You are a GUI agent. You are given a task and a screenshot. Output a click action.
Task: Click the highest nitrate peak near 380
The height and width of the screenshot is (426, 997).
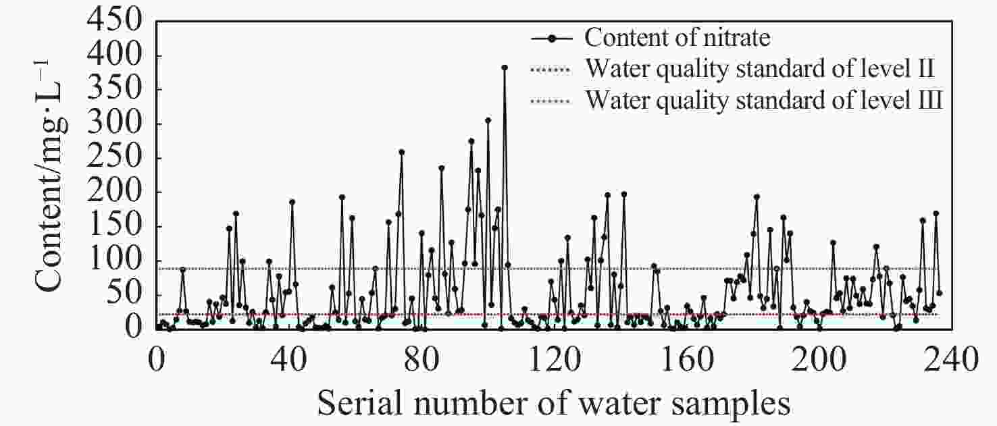(504, 68)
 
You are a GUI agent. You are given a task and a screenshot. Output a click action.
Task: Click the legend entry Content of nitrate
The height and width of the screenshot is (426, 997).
(677, 38)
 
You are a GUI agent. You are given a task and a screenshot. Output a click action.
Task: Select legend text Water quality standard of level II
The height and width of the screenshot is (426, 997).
(759, 69)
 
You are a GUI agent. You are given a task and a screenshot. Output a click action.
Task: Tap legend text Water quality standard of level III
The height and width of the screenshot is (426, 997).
(763, 101)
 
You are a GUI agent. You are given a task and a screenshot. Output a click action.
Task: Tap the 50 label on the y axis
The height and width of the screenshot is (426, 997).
(130, 295)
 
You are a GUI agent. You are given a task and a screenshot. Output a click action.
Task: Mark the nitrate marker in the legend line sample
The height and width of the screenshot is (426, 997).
(551, 38)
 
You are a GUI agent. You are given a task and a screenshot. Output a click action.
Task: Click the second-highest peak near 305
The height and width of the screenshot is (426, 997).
(488, 120)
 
